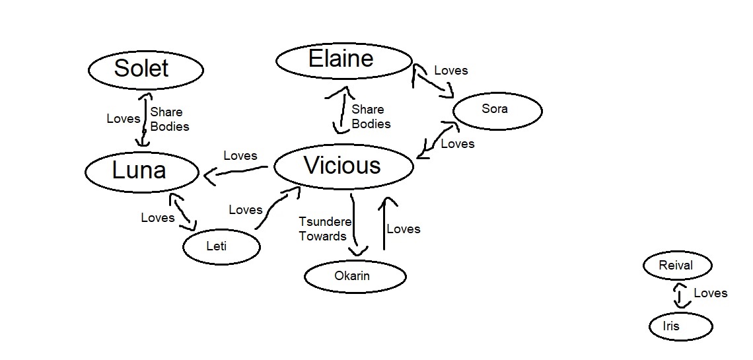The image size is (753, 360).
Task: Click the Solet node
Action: pyautogui.click(x=145, y=69)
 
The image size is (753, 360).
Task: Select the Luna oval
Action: pyautogui.click(x=141, y=171)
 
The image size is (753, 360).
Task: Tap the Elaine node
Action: pyautogui.click(x=343, y=60)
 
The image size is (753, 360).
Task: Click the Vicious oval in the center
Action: pyautogui.click(x=343, y=166)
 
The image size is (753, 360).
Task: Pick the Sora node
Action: pyautogui.click(x=497, y=109)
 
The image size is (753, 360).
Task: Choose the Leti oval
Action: pyautogui.click(x=221, y=247)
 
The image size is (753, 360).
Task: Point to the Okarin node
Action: pyautogui.click(x=355, y=276)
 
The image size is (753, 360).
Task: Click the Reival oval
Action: pyautogui.click(x=677, y=266)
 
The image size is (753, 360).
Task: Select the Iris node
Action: pyautogui.click(x=679, y=326)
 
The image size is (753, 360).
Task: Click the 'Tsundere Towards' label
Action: pyautogui.click(x=324, y=229)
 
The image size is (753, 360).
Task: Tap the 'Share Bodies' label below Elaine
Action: pyautogui.click(x=371, y=117)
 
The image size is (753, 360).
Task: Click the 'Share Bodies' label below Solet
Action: pyautogui.click(x=169, y=120)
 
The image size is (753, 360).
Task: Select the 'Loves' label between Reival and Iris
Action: pyautogui.click(x=710, y=293)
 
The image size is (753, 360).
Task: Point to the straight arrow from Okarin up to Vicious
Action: pyautogui.click(x=383, y=225)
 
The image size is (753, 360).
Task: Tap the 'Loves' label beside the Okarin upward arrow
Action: pyautogui.click(x=404, y=229)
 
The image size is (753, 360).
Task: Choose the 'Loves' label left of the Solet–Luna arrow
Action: pyautogui.click(x=124, y=119)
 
